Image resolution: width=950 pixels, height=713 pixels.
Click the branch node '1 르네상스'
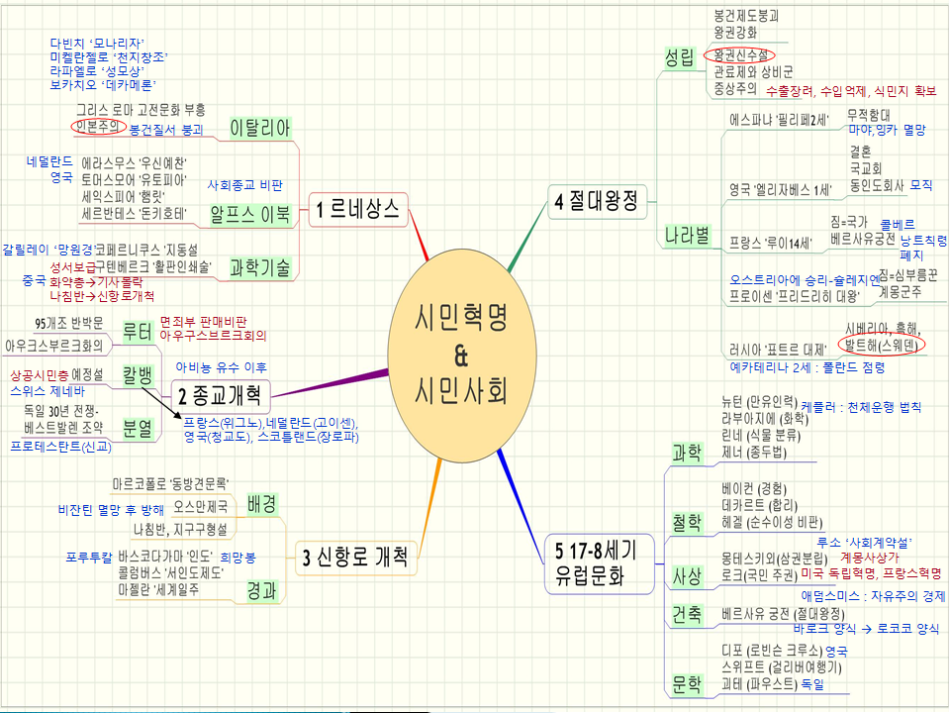click(x=358, y=209)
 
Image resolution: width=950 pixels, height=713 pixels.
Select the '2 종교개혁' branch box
click(x=220, y=397)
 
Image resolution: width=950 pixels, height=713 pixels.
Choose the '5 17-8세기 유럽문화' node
click(x=596, y=561)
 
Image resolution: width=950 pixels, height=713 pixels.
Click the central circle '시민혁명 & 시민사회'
click(x=461, y=353)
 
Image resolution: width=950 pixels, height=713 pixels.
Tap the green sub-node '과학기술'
click(x=258, y=266)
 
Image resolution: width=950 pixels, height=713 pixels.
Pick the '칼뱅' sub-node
click(x=137, y=376)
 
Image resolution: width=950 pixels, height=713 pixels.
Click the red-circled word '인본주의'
click(x=98, y=127)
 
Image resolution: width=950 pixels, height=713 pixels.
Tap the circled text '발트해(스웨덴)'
click(x=881, y=346)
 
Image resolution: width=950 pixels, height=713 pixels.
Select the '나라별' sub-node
click(x=688, y=235)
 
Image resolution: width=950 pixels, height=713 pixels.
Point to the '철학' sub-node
click(x=686, y=521)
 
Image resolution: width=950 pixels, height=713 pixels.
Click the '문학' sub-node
click(x=686, y=683)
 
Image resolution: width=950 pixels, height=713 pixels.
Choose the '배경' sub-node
click(x=262, y=503)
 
